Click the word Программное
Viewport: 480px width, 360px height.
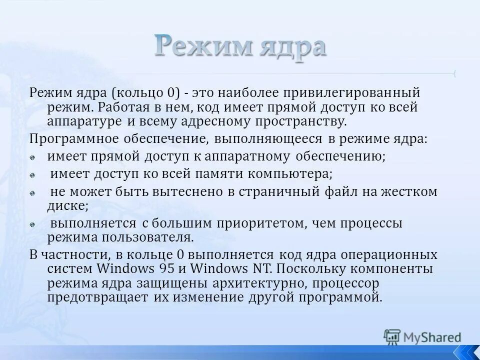coord(69,139)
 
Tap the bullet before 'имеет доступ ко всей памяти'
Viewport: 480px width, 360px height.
coord(32,175)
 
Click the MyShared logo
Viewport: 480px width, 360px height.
coord(422,336)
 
